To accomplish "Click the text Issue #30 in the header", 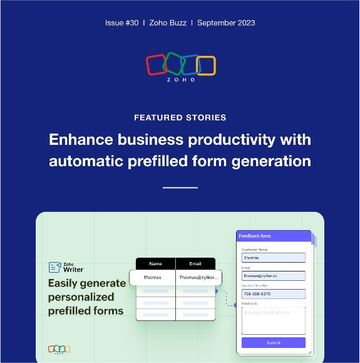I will click(x=122, y=23).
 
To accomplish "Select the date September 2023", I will click(x=226, y=23).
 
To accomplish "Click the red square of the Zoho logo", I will click(x=155, y=65).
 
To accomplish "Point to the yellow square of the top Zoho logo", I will click(x=205, y=65).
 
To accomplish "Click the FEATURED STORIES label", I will click(x=180, y=117).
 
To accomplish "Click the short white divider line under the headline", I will click(x=180, y=187).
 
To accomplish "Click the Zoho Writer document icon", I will click(x=54, y=267).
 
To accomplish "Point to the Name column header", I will click(x=155, y=264).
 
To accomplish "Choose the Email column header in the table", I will click(x=195, y=264).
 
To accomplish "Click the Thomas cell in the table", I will click(x=152, y=277).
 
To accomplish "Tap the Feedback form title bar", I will click(x=273, y=236).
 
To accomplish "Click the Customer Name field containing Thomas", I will click(x=273, y=258).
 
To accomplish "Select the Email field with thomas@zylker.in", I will click(x=273, y=276).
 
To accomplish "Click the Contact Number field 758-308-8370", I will click(x=273, y=293).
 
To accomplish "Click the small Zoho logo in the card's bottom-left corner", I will click(x=59, y=349).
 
